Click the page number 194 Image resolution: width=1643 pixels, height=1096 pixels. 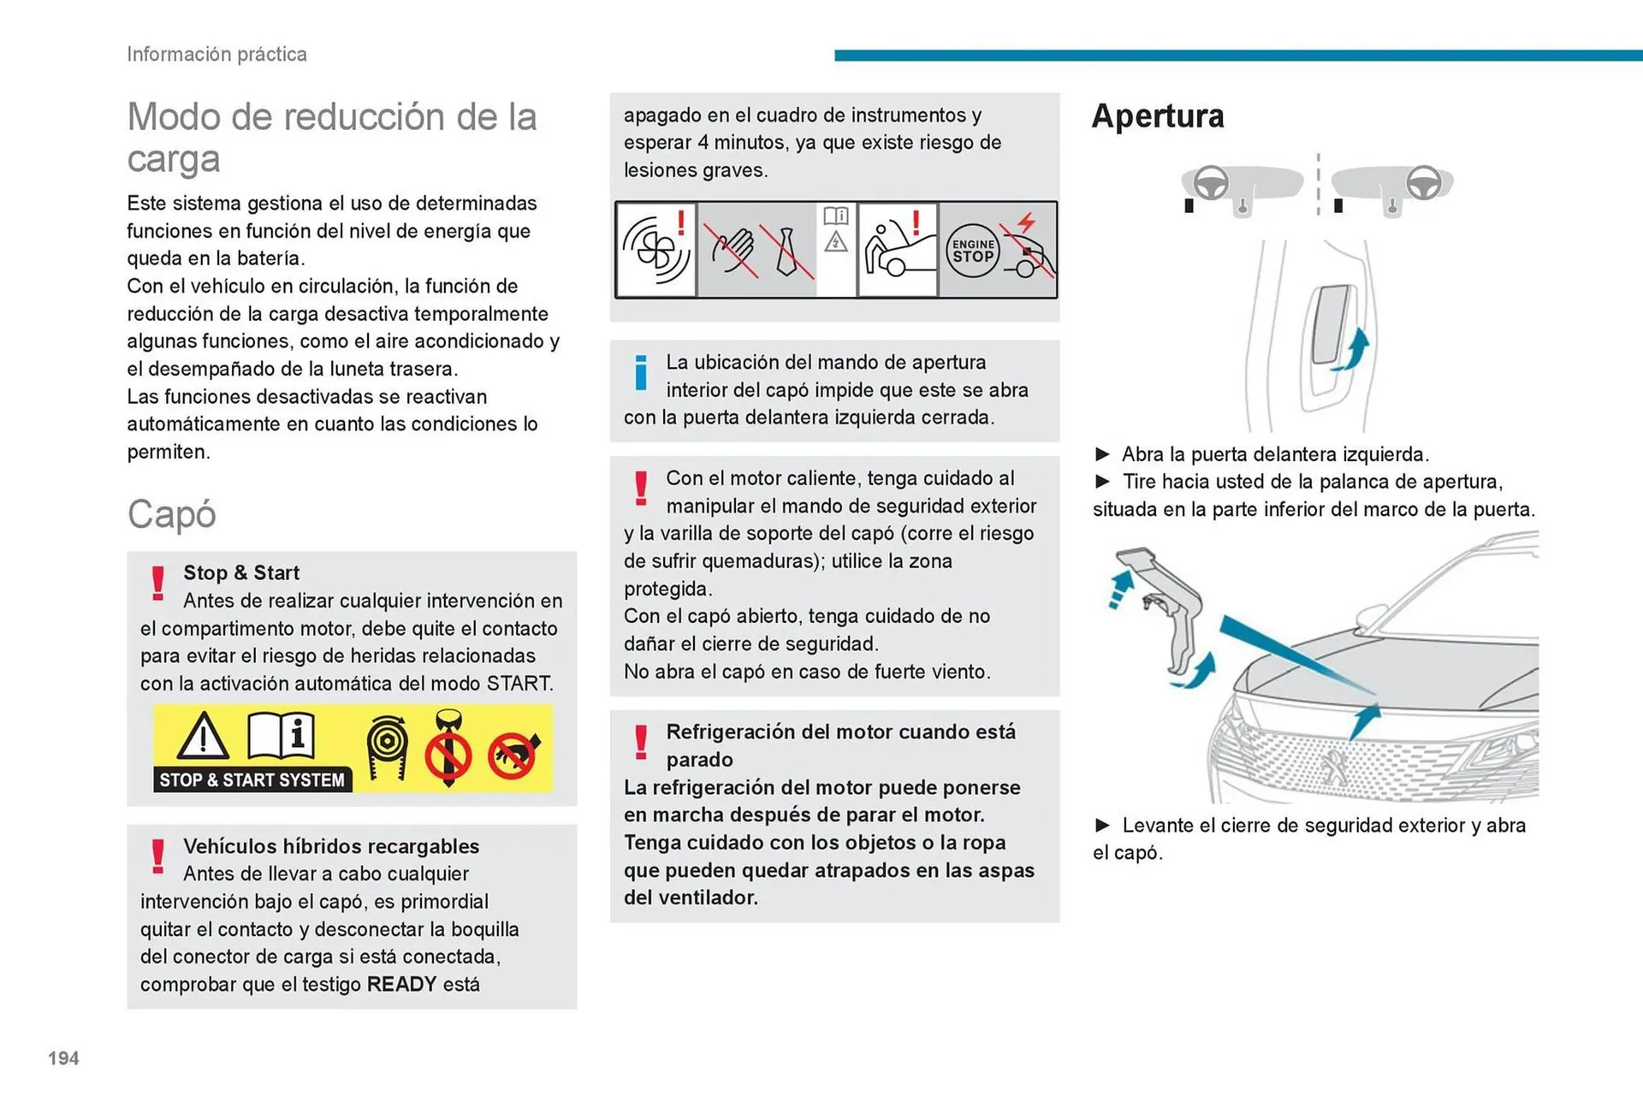tap(63, 1058)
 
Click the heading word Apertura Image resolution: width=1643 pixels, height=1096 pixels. tap(1157, 116)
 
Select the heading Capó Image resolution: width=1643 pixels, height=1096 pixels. tap(171, 514)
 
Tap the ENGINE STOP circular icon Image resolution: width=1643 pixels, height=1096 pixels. tap(973, 251)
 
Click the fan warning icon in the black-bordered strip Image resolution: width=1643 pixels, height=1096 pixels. tap(655, 249)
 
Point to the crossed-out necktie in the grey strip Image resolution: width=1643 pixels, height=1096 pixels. tap(787, 252)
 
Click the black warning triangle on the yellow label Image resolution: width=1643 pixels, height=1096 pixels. tap(203, 738)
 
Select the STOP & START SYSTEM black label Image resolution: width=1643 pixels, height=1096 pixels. tap(252, 779)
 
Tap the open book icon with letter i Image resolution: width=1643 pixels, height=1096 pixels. tap(281, 735)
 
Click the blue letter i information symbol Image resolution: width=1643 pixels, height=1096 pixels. tap(641, 373)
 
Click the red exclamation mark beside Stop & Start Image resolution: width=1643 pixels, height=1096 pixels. tap(158, 584)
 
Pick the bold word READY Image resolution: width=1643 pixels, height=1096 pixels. tap(401, 984)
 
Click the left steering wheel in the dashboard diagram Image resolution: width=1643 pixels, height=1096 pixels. tap(1211, 182)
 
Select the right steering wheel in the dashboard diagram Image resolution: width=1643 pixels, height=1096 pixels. tap(1423, 182)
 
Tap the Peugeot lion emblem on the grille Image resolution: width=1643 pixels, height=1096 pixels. tap(1332, 764)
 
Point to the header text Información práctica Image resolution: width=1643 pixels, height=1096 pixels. tap(216, 54)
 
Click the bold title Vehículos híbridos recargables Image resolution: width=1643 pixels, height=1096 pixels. tap(331, 846)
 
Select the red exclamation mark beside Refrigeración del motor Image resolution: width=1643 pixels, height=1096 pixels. tap(641, 742)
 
